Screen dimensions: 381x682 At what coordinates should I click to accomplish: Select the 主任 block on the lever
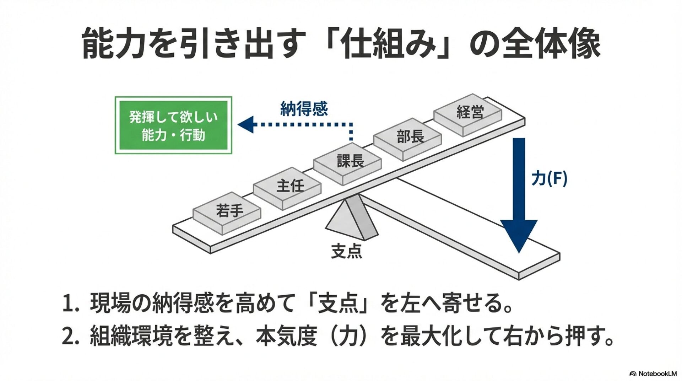point(287,187)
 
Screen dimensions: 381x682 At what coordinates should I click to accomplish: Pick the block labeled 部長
point(408,138)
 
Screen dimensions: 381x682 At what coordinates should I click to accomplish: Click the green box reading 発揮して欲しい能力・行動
point(173,125)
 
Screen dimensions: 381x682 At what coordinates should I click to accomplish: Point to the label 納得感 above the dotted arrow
point(304,109)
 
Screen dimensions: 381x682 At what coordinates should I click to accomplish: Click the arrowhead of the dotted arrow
point(246,124)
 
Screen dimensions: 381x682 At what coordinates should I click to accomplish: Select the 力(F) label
point(549,178)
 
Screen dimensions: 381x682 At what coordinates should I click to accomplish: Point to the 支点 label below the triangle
point(346,251)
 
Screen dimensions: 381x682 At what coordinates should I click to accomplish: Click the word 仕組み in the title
point(389,44)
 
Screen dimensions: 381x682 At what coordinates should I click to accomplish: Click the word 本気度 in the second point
point(286,336)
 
